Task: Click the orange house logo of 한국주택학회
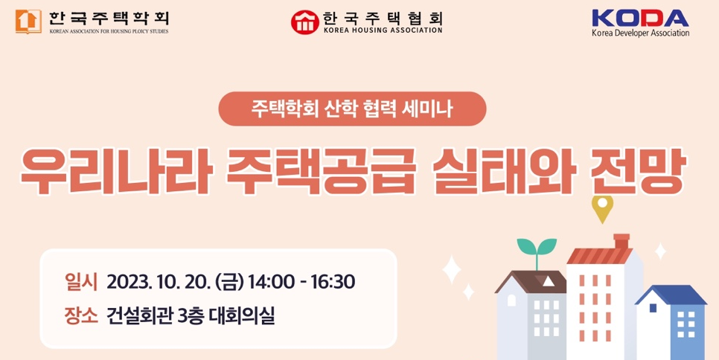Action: point(28,22)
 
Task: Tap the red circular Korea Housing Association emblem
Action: point(304,22)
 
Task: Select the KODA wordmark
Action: point(640,19)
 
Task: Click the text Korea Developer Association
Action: point(640,33)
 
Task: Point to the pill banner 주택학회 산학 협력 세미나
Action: point(352,109)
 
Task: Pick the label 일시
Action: point(81,282)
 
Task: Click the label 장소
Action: point(81,315)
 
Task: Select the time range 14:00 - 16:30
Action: point(301,282)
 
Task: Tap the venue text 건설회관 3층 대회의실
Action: point(191,315)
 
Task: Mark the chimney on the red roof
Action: point(621,242)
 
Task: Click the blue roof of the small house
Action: point(671,295)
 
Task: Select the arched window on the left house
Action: point(511,300)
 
